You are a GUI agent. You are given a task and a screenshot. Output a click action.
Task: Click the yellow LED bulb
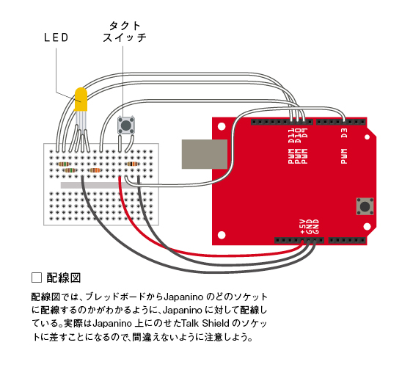coord(81,100)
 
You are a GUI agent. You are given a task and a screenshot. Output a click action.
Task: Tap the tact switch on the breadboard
coord(126,126)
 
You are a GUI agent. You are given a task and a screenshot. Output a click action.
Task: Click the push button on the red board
coord(365,206)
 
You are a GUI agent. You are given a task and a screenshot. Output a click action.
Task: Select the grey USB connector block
coord(205,154)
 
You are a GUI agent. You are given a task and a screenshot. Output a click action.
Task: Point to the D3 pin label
coord(344,134)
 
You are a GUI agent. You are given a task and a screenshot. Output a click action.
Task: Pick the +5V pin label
coord(303,227)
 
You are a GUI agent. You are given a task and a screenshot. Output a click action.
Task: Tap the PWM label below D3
coord(344,156)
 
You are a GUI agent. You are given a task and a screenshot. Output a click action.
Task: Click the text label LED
coord(56,37)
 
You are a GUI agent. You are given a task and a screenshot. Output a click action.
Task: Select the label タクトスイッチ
coord(125,32)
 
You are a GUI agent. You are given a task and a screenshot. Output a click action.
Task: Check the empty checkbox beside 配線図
coord(37,277)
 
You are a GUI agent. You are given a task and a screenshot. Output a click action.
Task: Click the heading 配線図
coord(64,278)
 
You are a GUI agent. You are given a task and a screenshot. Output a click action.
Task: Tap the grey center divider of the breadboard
coord(100,185)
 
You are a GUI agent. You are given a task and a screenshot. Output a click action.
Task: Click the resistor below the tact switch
coord(132,164)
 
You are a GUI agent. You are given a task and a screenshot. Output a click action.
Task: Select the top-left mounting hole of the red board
coord(222,127)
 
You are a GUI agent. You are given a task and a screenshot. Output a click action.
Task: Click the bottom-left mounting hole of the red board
coord(222,235)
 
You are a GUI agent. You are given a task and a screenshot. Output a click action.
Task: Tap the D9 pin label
coord(304,134)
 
